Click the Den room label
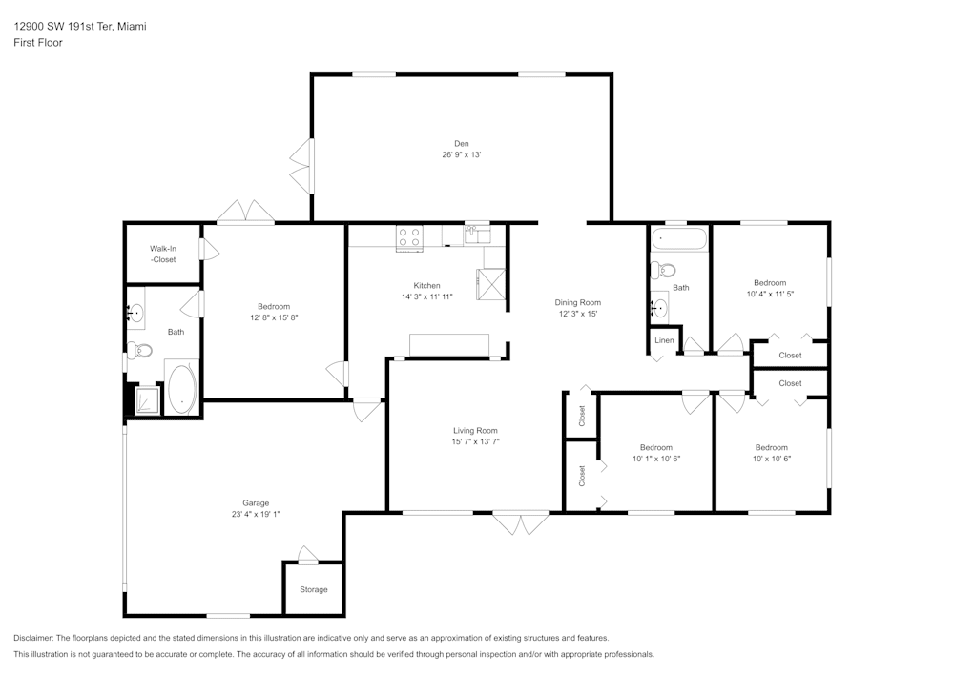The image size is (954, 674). coord(461,143)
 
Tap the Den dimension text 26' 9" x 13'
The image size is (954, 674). coord(461,154)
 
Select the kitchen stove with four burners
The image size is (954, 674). coord(409,236)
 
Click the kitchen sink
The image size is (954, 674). coord(476,234)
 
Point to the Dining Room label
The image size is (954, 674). coord(578,302)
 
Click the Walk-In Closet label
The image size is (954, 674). coord(162,254)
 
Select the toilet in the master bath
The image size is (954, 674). coord(142,350)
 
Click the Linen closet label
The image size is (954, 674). coord(664,340)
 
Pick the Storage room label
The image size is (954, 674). coord(314,589)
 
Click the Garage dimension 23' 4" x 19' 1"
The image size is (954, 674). coord(255,514)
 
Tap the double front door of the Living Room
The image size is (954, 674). coord(520,524)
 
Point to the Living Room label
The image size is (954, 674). coord(475,430)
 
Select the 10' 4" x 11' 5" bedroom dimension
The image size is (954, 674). coord(770,294)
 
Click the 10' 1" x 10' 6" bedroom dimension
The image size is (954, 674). coord(655,459)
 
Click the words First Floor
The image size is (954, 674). coord(38,43)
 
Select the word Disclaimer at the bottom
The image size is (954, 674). coord(34,638)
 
